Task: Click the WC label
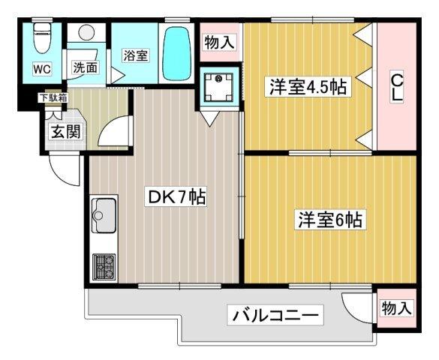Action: [41, 70]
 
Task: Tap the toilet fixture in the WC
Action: [43, 36]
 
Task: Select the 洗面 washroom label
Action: [85, 67]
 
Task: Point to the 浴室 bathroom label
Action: [135, 55]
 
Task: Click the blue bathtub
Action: [177, 54]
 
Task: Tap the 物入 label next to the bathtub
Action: [218, 43]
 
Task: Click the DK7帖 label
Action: [176, 198]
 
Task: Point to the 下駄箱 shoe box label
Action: [53, 97]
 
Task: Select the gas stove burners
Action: [104, 265]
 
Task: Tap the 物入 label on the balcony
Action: [395, 307]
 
